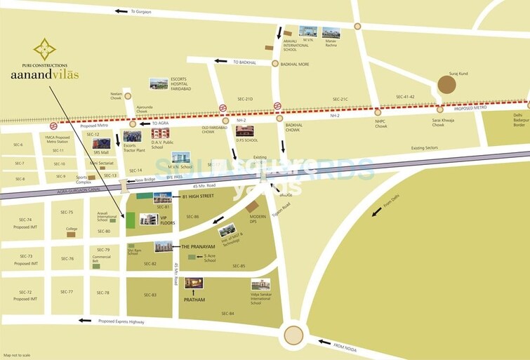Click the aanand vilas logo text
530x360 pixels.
coord(44,74)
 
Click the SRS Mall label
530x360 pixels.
coord(101,152)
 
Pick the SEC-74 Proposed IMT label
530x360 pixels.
coord(25,223)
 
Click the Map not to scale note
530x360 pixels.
coord(18,355)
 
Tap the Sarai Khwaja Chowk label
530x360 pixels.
coord(439,123)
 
